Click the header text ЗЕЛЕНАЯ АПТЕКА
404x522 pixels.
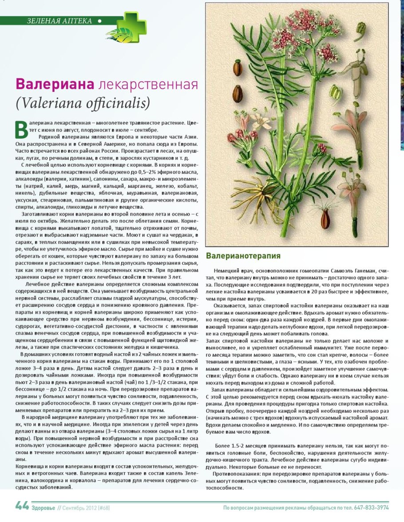pyautogui.click(x=59, y=21)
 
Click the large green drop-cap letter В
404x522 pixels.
pyautogui.click(x=21, y=128)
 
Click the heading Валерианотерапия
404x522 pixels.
pyautogui.click(x=243, y=256)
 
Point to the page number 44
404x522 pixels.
pyautogui.click(x=22, y=506)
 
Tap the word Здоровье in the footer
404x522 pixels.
pyautogui.click(x=43, y=507)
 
